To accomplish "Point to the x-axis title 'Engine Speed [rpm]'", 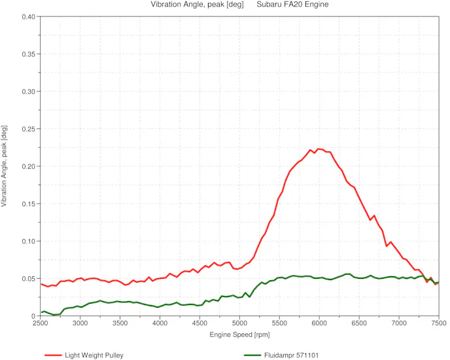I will (x=239, y=334).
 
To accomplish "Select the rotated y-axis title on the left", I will (x=5, y=166).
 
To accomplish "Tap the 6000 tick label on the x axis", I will (x=319, y=324).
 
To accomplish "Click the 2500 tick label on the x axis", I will (x=41, y=324).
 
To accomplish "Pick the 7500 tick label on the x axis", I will (x=439, y=324).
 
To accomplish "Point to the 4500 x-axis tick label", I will (x=200, y=324).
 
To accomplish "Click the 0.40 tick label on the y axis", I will (x=28, y=16).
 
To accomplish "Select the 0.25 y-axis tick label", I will (x=28, y=129).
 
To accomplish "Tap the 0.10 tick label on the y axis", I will (x=28, y=242).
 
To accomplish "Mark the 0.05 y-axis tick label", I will (x=28, y=279).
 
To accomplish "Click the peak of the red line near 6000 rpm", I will (x=319, y=149).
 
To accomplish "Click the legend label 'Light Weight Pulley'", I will (x=94, y=355).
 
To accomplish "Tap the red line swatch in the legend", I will (x=53, y=355).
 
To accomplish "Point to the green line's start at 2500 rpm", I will (x=41, y=312).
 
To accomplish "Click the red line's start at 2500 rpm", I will (x=41, y=284).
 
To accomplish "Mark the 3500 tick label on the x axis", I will (x=120, y=324).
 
